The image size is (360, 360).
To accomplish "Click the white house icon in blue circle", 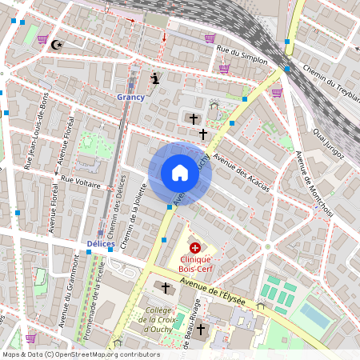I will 179,173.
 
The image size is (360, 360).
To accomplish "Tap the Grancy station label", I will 130,97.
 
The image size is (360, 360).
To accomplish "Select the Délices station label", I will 101,242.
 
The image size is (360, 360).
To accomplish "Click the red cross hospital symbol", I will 195,248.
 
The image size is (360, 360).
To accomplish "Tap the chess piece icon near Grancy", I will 155,78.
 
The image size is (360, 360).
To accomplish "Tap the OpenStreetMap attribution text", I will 81,354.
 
